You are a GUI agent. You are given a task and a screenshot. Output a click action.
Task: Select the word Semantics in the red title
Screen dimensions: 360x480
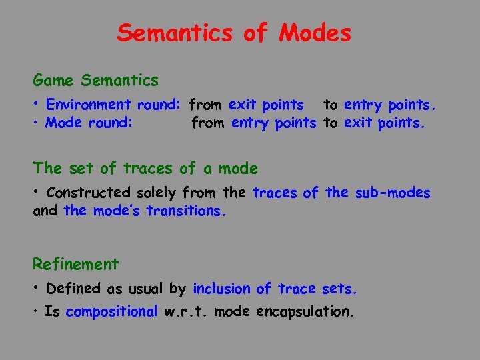pyautogui.click(x=175, y=33)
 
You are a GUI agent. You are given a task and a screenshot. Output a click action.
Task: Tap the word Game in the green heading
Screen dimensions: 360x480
pyautogui.click(x=53, y=81)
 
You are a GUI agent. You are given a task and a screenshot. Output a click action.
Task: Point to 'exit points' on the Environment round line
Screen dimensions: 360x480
pyautogui.click(x=266, y=105)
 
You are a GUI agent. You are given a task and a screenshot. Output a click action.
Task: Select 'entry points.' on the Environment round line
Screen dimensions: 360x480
pyautogui.click(x=390, y=105)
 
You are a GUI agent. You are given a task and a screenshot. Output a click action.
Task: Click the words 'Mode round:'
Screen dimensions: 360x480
pyautogui.click(x=89, y=123)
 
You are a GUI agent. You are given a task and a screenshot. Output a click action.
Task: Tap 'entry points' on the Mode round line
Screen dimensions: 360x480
pyautogui.click(x=273, y=123)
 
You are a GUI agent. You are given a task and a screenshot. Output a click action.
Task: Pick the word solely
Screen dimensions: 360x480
pyautogui.click(x=157, y=193)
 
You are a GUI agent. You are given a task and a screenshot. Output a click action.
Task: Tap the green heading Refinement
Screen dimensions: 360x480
pyautogui.click(x=76, y=265)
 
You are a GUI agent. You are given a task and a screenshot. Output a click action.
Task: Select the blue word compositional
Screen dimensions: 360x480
pyautogui.click(x=111, y=311)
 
